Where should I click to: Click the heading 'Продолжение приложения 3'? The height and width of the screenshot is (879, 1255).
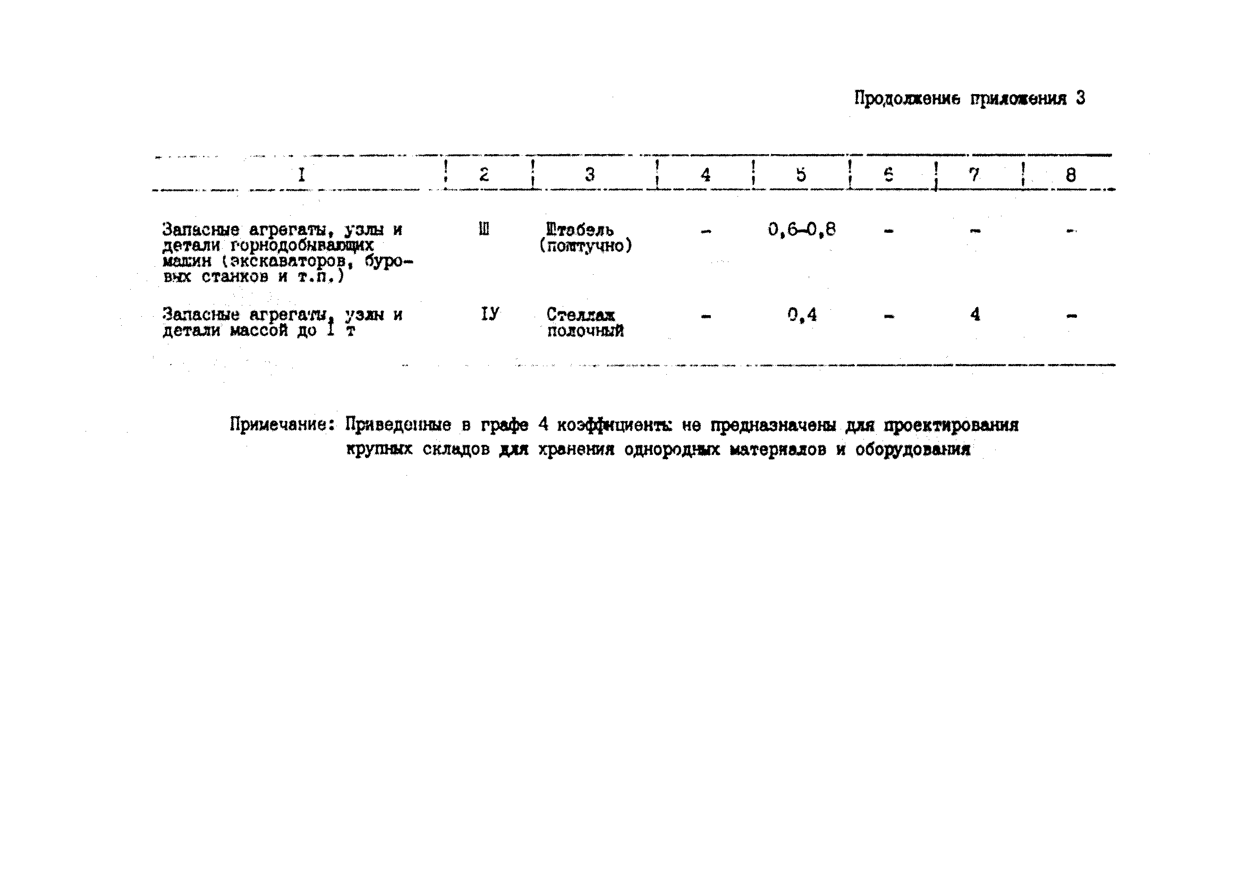(x=969, y=99)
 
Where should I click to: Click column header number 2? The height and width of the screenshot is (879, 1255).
(x=484, y=174)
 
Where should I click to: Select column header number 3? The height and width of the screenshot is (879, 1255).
(x=590, y=174)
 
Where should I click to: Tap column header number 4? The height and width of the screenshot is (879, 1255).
(x=706, y=175)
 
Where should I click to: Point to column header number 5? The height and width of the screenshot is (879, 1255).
(x=801, y=174)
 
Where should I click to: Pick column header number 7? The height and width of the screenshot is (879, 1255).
(x=974, y=174)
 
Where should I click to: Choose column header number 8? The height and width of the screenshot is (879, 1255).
(x=1071, y=175)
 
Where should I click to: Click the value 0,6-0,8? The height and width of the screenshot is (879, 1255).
(x=801, y=230)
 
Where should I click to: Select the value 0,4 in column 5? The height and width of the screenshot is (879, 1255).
(x=802, y=315)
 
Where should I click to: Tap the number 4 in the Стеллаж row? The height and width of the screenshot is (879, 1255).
(x=975, y=314)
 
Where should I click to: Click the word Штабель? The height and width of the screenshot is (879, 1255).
(x=579, y=230)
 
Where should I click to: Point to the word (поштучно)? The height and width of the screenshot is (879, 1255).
(x=586, y=246)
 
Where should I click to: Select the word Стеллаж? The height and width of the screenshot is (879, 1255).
(x=581, y=315)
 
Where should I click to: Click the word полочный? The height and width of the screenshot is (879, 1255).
(x=585, y=331)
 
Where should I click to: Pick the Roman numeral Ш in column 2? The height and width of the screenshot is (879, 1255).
(x=484, y=229)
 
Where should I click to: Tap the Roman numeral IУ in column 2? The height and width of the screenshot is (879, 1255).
(x=490, y=314)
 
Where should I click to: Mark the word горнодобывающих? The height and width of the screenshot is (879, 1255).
(x=302, y=245)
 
